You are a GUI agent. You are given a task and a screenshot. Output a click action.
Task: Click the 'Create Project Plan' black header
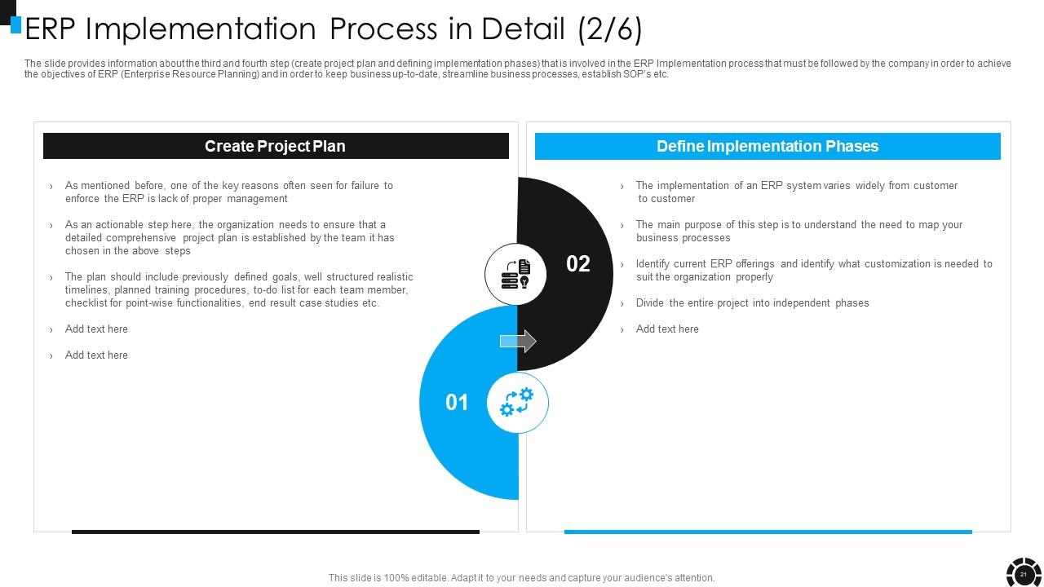click(276, 146)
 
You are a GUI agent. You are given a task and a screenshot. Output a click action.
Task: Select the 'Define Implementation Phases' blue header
click(768, 146)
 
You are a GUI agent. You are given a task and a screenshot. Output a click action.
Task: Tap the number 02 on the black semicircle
click(578, 263)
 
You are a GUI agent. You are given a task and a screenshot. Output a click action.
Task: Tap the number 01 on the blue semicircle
click(457, 402)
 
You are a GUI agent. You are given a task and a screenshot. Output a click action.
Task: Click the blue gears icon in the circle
click(517, 402)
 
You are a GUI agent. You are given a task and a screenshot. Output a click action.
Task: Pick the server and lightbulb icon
click(516, 274)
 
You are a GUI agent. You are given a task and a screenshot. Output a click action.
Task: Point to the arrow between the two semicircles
click(518, 341)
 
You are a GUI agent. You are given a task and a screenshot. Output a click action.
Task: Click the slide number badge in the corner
click(1023, 574)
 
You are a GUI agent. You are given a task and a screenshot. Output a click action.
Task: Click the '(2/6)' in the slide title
click(610, 29)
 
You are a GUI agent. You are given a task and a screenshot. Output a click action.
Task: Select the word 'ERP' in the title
click(50, 29)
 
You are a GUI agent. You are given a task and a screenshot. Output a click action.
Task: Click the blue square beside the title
click(15, 24)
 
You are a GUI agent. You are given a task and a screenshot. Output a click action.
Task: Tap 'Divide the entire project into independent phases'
click(752, 302)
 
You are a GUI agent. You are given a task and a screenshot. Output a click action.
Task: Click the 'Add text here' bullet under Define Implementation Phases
click(667, 329)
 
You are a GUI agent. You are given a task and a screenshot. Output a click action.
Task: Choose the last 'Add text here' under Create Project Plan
click(96, 355)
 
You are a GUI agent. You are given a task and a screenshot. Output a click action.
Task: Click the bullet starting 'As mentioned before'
click(229, 192)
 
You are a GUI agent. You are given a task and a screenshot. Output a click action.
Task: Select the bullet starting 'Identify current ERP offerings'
click(814, 270)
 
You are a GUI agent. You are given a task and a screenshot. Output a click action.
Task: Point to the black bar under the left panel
click(276, 532)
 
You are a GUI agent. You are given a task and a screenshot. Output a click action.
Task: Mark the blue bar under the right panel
click(768, 532)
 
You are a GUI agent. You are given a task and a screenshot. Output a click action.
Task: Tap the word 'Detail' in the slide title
click(523, 29)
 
